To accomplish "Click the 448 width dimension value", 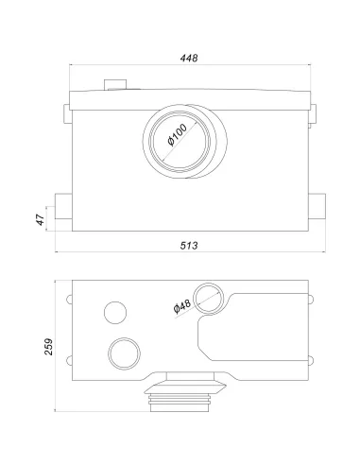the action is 189,58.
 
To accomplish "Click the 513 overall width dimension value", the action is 189,246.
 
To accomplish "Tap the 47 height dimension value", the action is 41,219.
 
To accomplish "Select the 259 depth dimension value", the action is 48,347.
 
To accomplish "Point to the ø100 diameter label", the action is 178,135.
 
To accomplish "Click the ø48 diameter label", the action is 182,306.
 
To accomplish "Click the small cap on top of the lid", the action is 115,85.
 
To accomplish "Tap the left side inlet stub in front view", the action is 63,206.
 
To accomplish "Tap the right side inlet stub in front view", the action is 317,206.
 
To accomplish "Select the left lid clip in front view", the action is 66,114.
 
